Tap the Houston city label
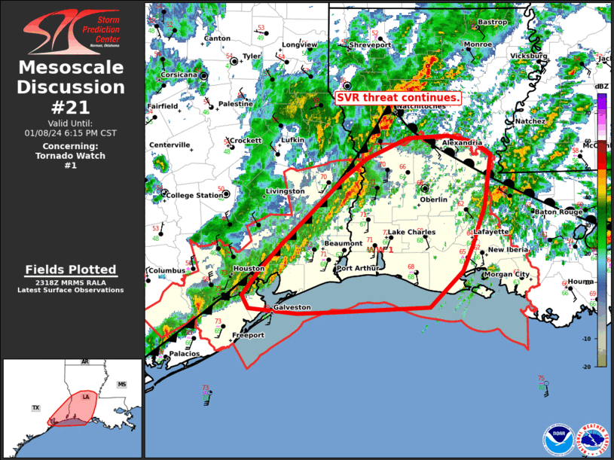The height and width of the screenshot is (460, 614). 249,269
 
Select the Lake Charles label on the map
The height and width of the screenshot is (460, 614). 411,232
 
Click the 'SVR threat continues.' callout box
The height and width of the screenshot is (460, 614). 398,99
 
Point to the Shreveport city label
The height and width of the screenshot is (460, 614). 371,45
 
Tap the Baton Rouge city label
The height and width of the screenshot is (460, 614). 560,212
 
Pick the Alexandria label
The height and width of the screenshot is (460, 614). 462,142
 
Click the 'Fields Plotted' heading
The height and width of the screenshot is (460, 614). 71,270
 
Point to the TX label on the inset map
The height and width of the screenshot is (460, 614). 35,407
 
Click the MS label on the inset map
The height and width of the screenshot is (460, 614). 122,385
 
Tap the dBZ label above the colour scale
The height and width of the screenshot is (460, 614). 601,87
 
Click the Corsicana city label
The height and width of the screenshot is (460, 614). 179,75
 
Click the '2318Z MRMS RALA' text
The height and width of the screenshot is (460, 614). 71,282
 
